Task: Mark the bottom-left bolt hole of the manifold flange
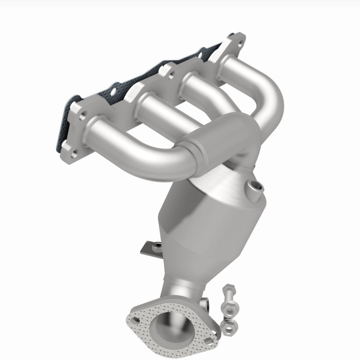(67, 147)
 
